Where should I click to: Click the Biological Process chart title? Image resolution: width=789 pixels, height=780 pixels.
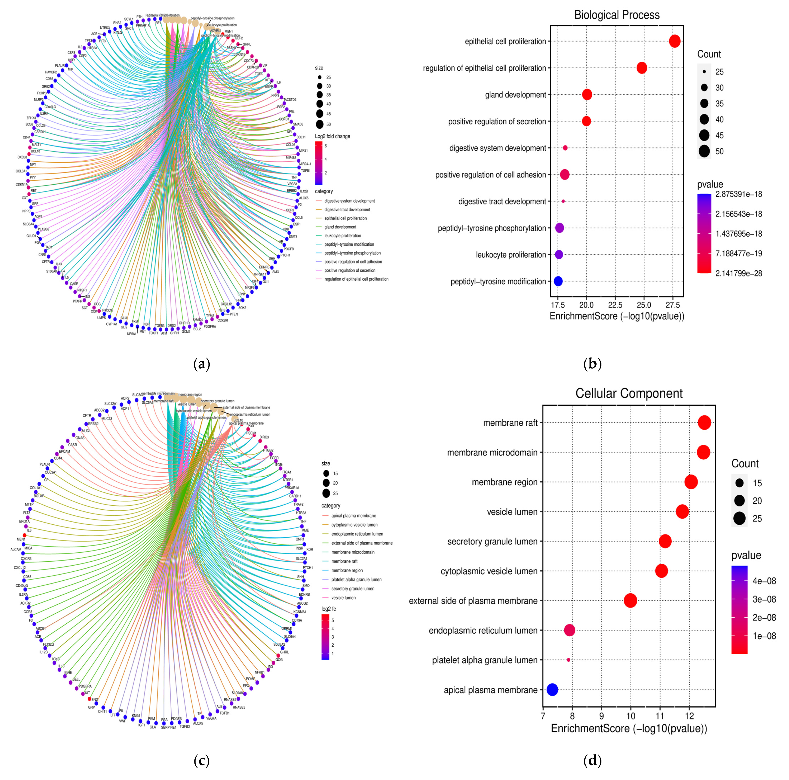617,15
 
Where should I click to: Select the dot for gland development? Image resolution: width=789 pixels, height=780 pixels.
587,95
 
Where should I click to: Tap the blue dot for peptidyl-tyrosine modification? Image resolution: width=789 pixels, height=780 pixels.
558,281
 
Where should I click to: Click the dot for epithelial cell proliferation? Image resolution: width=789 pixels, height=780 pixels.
675,41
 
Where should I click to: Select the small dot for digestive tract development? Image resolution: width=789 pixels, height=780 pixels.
563,201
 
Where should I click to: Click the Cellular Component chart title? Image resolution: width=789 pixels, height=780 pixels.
629,393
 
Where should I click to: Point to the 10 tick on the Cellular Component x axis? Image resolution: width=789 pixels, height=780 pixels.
631,715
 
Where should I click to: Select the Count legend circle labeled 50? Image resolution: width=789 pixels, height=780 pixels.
704,151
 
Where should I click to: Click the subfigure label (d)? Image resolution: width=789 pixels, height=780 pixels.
592,760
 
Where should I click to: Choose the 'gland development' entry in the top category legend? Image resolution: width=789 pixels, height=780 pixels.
340,227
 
